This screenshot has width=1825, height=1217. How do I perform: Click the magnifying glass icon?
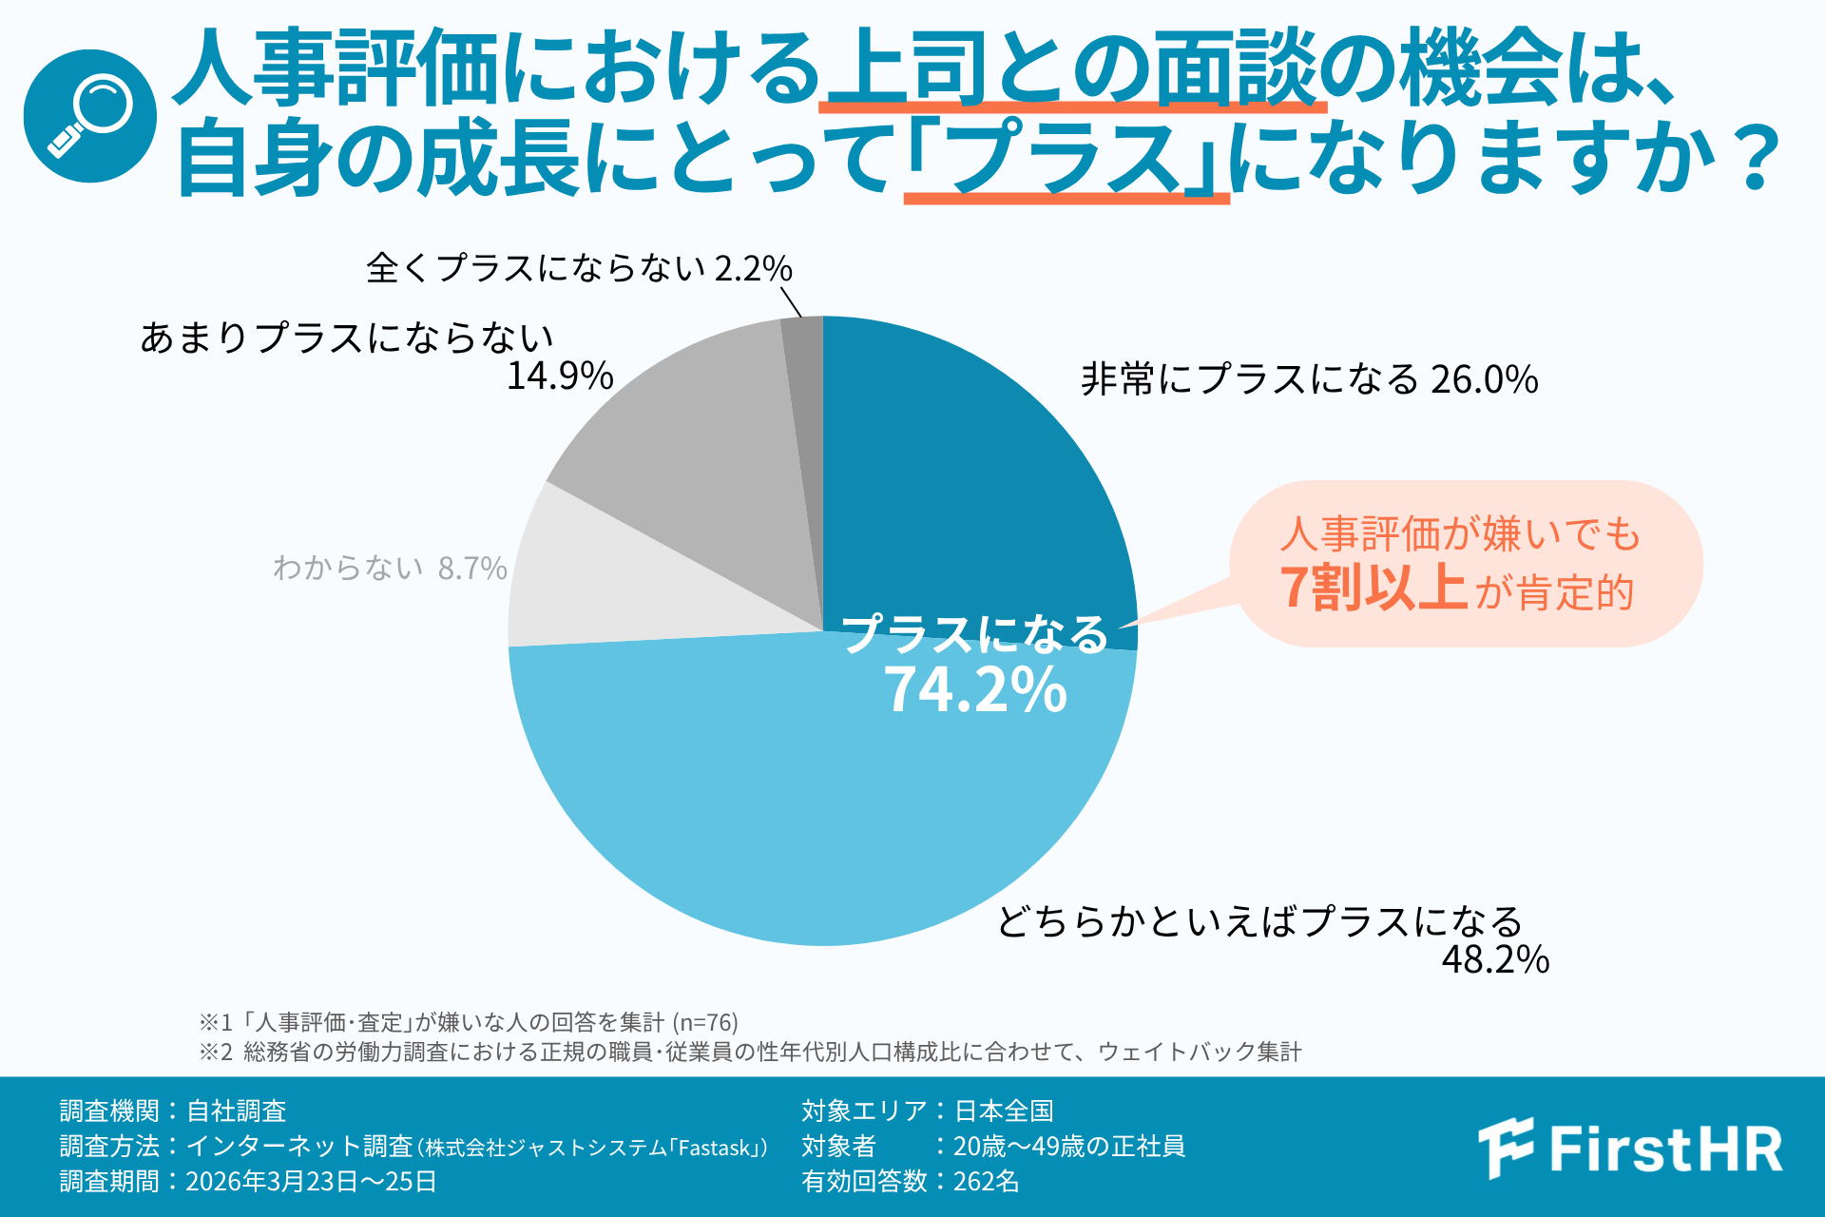[x=90, y=116]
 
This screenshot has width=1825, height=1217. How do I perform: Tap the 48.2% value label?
[x=1495, y=959]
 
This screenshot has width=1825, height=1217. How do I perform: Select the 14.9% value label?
[x=560, y=377]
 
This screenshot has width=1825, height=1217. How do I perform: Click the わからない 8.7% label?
[x=390, y=568]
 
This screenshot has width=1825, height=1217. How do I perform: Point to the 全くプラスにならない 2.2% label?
[x=579, y=268]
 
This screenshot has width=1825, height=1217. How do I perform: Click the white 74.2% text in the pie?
[x=975, y=689]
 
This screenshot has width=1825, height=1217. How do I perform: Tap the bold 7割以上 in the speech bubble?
[x=1373, y=588]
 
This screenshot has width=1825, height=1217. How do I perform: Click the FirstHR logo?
[x=1630, y=1149]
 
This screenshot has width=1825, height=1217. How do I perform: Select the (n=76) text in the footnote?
[x=705, y=1022]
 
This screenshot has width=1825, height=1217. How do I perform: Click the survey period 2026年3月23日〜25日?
[x=311, y=1181]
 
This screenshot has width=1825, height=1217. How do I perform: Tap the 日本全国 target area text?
[x=1004, y=1111]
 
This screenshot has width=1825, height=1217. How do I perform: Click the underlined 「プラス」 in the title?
[x=1066, y=158]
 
